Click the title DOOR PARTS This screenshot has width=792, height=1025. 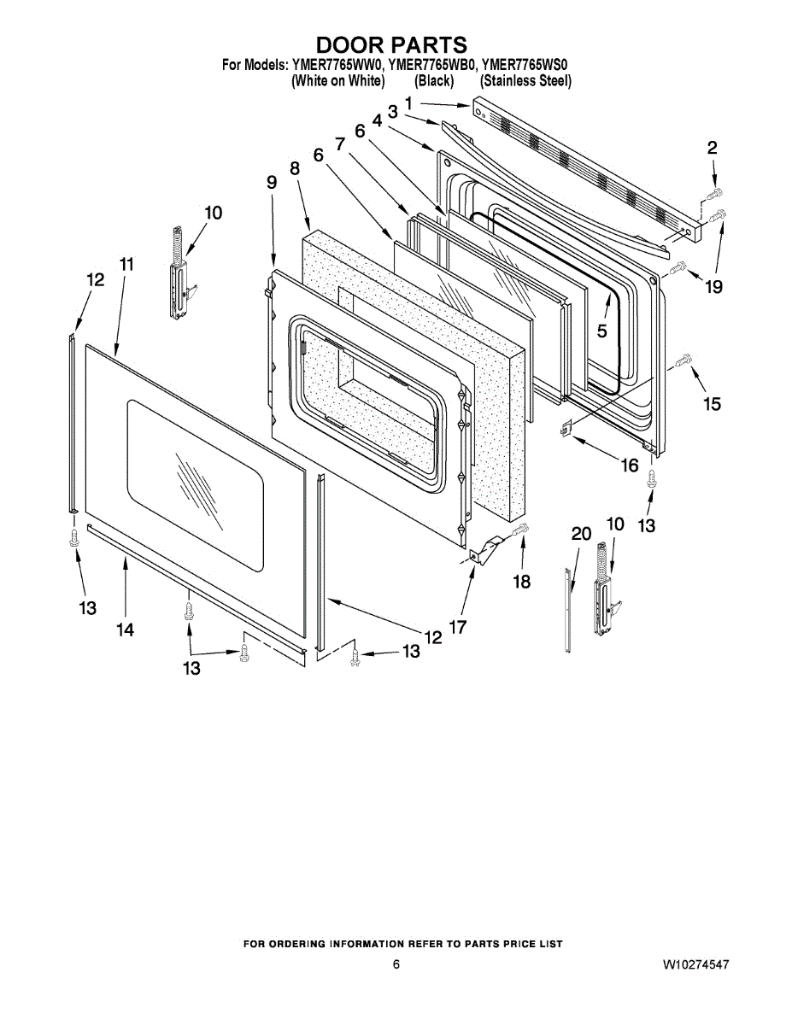[392, 44]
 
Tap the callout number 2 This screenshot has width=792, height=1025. [712, 148]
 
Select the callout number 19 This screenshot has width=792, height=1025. [713, 287]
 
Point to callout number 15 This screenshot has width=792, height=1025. [712, 403]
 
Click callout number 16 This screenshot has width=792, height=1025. [629, 466]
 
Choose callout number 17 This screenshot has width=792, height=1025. [458, 627]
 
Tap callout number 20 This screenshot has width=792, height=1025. [581, 534]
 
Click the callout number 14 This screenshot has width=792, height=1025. [126, 630]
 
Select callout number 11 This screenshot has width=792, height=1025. [126, 264]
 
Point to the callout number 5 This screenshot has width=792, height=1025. [601, 331]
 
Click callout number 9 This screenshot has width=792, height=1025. [272, 182]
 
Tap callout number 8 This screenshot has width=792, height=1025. [295, 168]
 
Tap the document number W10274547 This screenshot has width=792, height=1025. [695, 964]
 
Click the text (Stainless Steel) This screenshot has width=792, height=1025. [525, 81]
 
